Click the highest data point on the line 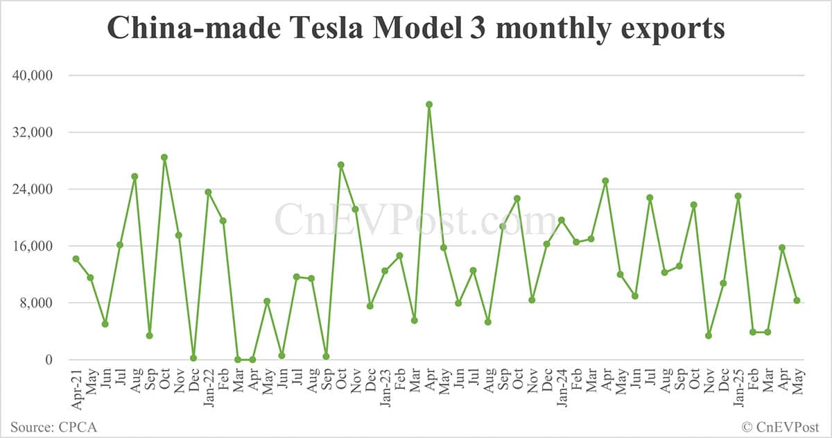pos(429,105)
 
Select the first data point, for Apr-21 pos(76,259)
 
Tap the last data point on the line pos(797,301)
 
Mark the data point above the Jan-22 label pos(208,192)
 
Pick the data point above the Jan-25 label pos(738,196)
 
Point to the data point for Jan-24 pos(562,220)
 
